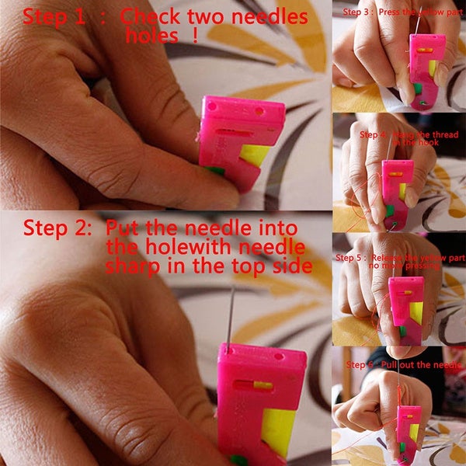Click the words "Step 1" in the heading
54,16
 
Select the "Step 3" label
356,12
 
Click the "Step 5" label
349,257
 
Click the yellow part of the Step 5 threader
416,314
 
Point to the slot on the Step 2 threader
250,384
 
